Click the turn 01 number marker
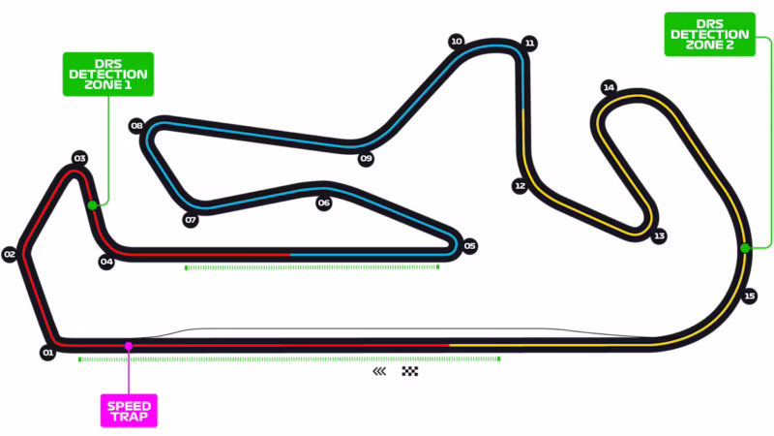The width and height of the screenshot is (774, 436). (x=46, y=353)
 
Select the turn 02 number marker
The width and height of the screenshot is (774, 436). (x=11, y=255)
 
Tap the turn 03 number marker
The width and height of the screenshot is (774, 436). (x=80, y=158)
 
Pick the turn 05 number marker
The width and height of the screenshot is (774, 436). (x=470, y=246)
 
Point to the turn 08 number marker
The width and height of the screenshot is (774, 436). (x=136, y=126)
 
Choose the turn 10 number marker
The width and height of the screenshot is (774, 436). (x=456, y=42)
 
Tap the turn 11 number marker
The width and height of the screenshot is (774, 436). (x=529, y=44)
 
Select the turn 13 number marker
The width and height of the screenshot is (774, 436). (x=659, y=235)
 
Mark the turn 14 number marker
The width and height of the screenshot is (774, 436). (x=609, y=87)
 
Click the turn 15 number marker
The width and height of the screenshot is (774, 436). (x=750, y=296)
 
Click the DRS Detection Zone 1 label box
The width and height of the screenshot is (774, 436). (x=106, y=74)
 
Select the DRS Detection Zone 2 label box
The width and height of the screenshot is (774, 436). (x=709, y=35)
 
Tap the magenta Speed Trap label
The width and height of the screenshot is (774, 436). (x=130, y=409)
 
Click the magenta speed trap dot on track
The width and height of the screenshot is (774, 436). (x=128, y=345)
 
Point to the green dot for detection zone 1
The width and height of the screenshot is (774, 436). (x=92, y=205)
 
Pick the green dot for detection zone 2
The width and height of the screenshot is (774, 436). (x=744, y=248)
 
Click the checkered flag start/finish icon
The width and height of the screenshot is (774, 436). (x=410, y=371)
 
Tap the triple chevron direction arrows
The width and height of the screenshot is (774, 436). (x=379, y=371)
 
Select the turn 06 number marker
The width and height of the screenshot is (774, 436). (x=324, y=203)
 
